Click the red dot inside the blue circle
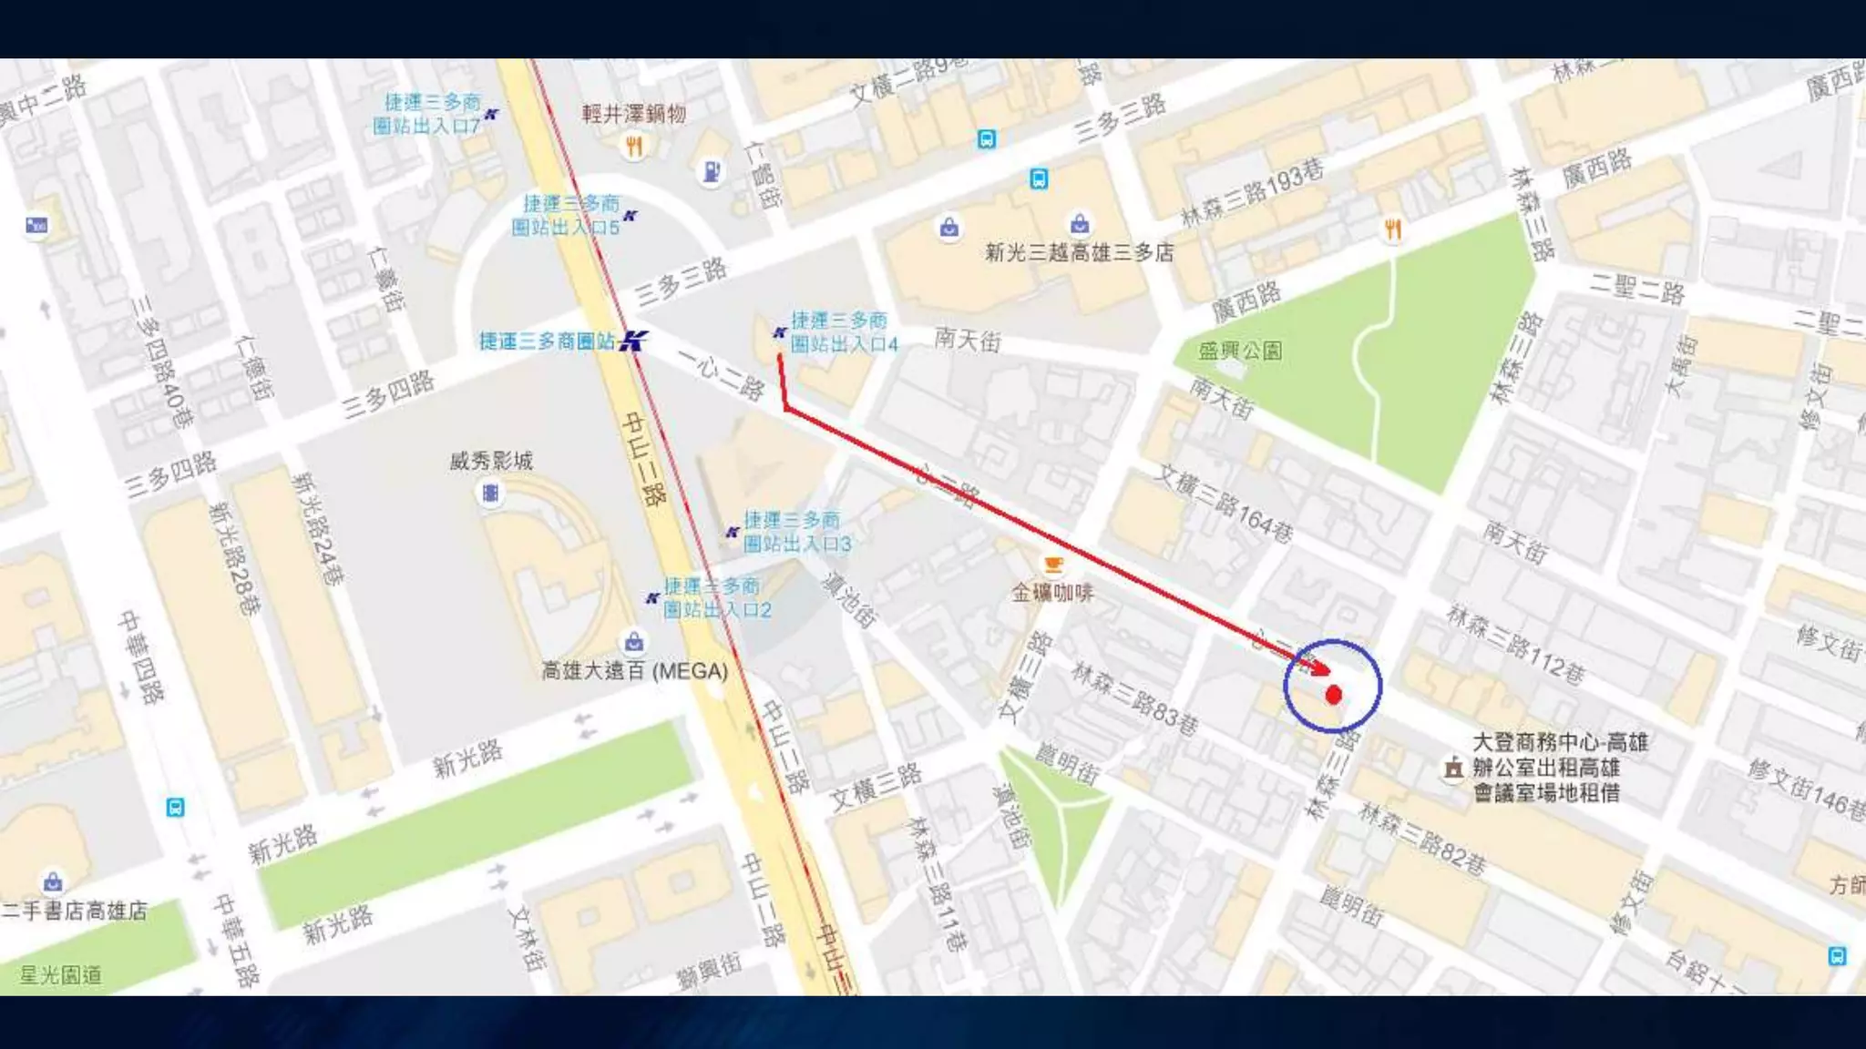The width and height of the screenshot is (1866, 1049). tap(1333, 696)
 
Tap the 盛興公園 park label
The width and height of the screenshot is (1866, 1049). tap(1240, 351)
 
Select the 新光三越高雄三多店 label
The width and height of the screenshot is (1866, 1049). tap(1079, 252)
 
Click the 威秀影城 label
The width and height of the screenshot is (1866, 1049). tap(490, 461)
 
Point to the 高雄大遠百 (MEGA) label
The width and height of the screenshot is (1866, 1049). tap(635, 671)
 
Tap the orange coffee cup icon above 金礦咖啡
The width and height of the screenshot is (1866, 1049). tap(1052, 565)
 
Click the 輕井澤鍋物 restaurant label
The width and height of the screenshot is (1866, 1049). tap(633, 114)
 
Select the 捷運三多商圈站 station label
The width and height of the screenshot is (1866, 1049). tap(547, 341)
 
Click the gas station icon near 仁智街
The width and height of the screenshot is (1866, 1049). tap(712, 170)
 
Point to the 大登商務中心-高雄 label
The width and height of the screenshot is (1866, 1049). tap(1559, 742)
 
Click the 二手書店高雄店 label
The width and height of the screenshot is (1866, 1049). tap(75, 911)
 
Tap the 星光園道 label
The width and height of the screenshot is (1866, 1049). tap(60, 975)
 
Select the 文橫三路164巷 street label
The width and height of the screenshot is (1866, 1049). tap(1224, 504)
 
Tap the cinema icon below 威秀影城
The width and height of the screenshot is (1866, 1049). tap(490, 494)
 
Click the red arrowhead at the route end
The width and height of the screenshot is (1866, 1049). tap(1318, 668)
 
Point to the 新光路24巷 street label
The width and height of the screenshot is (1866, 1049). tap(318, 528)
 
